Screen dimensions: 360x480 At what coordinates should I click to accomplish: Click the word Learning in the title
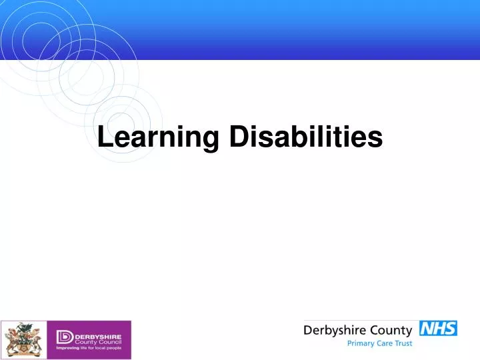[x=158, y=137]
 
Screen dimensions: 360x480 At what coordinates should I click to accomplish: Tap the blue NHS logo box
[x=438, y=328]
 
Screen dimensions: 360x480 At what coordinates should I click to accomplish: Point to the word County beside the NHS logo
[x=389, y=329]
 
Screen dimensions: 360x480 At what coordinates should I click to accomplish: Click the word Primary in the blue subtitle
[x=361, y=344]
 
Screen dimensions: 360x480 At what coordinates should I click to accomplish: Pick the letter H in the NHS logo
[x=438, y=328]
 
